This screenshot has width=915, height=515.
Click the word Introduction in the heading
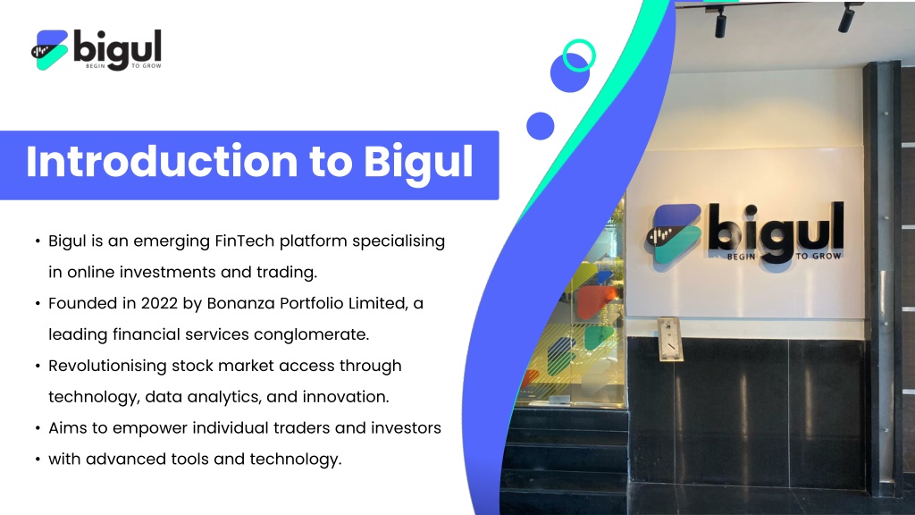[x=162, y=161]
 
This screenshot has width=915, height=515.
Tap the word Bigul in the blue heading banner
[x=418, y=165]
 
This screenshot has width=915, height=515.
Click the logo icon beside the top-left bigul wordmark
[x=50, y=50]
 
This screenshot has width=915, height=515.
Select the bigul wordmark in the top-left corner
[x=117, y=50]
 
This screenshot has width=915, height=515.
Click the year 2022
[x=159, y=303]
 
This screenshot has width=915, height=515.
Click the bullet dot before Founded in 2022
[x=38, y=304]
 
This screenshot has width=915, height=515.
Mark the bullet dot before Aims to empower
[x=38, y=428]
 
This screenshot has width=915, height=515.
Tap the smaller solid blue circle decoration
[x=541, y=126]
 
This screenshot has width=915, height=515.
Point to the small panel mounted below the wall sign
[x=669, y=339]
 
